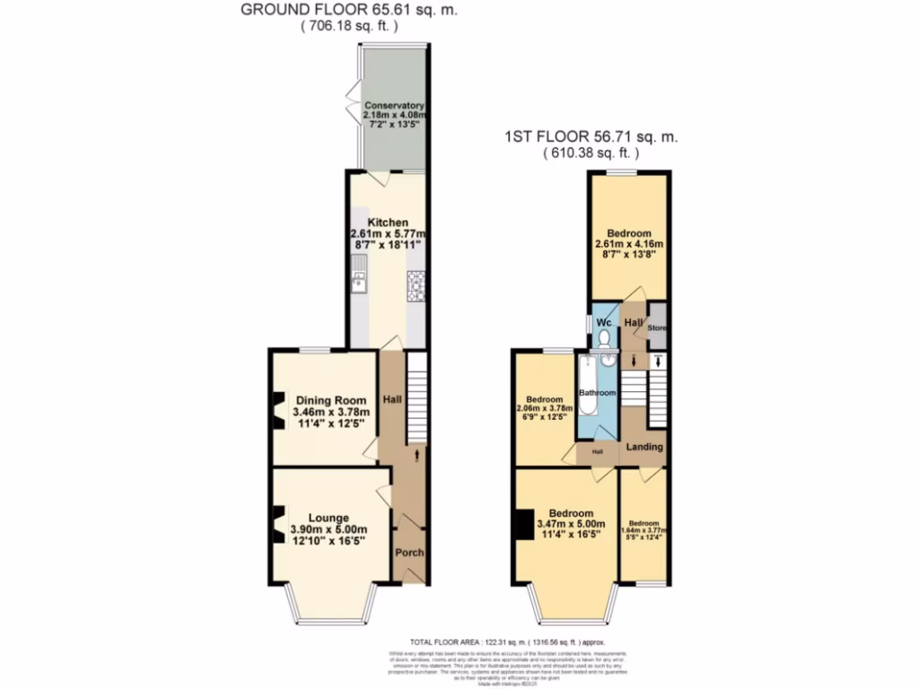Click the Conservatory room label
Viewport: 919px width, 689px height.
pos(394,105)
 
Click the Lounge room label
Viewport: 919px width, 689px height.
pos(322,518)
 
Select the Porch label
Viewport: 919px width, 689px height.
pos(409,552)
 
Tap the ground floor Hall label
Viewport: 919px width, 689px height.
pos(392,399)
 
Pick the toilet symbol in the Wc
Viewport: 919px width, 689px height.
pos(607,338)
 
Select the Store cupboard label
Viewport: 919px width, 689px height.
pos(658,328)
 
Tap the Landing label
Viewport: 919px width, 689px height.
pos(644,446)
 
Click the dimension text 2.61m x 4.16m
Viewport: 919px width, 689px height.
pos(628,243)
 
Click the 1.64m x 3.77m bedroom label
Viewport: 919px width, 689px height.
pos(644,529)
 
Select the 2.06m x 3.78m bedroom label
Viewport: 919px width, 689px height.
pos(545,408)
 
